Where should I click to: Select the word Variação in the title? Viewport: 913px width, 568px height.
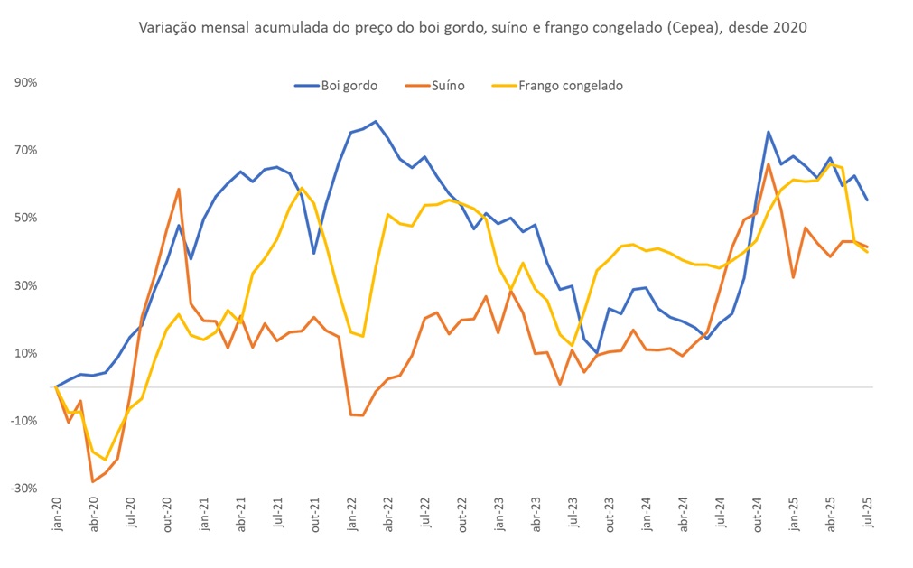[x=164, y=28]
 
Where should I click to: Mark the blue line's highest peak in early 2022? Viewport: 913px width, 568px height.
[x=376, y=121]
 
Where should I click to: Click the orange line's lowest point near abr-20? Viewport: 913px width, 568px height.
[x=93, y=481]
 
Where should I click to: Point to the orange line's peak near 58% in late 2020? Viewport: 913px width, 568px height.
[x=179, y=190]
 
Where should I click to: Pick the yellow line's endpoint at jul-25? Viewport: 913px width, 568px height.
[x=867, y=252]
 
